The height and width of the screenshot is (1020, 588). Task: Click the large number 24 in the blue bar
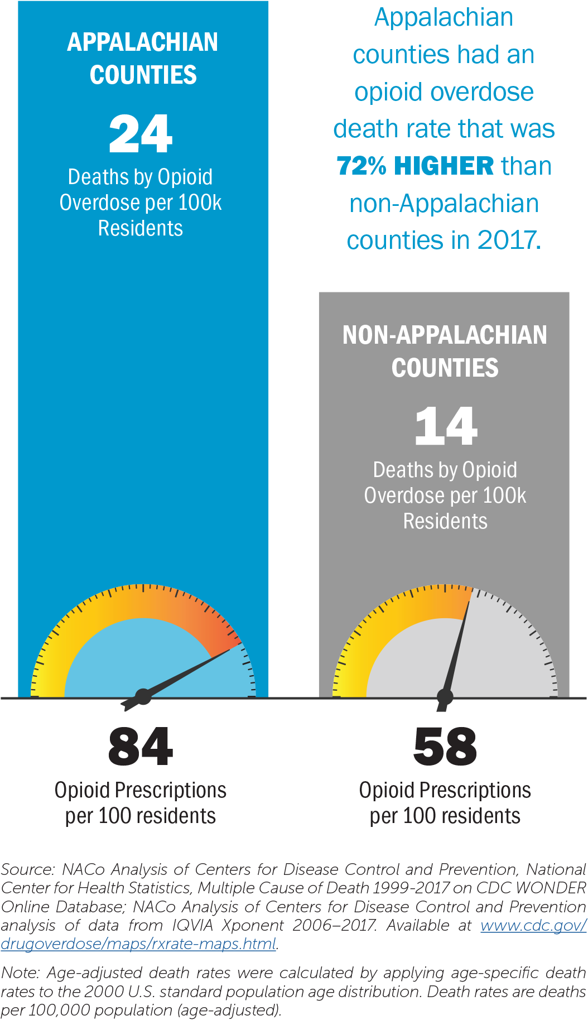pyautogui.click(x=141, y=134)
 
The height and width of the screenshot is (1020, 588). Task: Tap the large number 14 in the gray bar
pyautogui.click(x=446, y=426)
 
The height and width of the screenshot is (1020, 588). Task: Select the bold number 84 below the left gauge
pyautogui.click(x=141, y=747)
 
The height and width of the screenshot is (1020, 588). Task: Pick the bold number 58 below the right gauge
pyautogui.click(x=445, y=747)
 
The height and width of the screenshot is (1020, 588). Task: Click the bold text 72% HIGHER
pyautogui.click(x=415, y=166)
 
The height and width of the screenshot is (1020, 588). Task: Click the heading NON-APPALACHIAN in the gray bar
pyautogui.click(x=445, y=335)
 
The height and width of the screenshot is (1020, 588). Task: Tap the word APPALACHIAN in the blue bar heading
pyautogui.click(x=143, y=42)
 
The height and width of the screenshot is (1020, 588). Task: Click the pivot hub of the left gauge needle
pyautogui.click(x=143, y=696)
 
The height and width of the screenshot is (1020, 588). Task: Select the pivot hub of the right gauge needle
pyautogui.click(x=445, y=696)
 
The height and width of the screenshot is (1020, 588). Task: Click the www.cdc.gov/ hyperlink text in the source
pyautogui.click(x=533, y=925)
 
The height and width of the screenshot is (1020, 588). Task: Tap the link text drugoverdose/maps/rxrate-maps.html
pyautogui.click(x=138, y=944)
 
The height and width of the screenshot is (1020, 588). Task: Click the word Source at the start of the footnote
pyautogui.click(x=26, y=869)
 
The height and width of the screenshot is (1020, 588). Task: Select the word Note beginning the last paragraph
pyautogui.click(x=19, y=973)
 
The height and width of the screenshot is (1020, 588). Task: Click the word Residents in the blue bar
pyautogui.click(x=141, y=228)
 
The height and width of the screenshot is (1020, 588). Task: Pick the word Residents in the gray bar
pyautogui.click(x=445, y=521)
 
